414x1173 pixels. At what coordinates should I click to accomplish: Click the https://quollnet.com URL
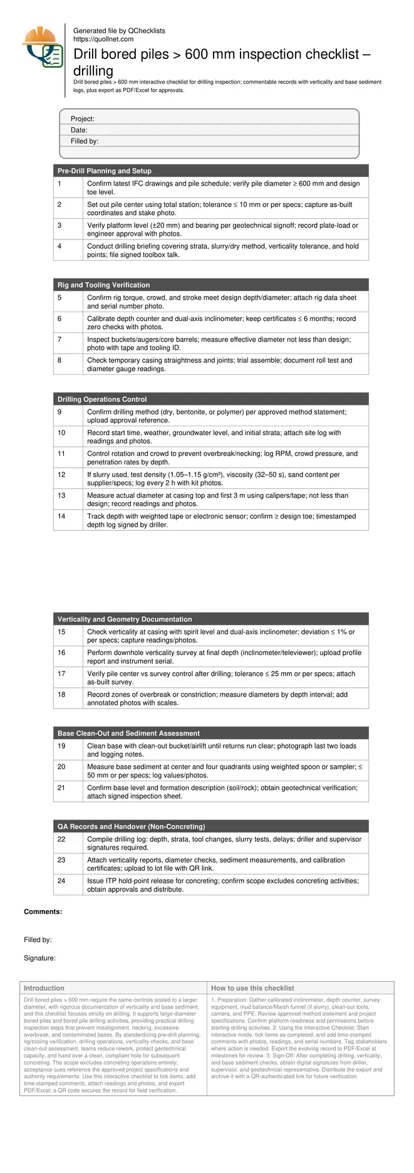click(x=103, y=39)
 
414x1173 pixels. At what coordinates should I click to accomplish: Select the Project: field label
click(x=83, y=119)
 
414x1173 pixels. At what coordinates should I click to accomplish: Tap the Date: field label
click(x=79, y=130)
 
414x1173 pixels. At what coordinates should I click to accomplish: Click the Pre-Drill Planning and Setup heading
click(x=105, y=171)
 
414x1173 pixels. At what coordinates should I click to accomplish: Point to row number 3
click(x=60, y=226)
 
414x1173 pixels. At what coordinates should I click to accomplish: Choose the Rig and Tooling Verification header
click(x=103, y=285)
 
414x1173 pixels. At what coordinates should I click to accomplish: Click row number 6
click(x=60, y=319)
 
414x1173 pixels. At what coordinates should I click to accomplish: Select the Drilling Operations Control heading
click(x=102, y=399)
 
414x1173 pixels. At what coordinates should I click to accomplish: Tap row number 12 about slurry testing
click(x=61, y=475)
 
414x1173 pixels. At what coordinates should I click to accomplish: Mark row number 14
click(x=61, y=517)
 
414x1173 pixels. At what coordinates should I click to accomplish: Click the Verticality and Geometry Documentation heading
click(x=125, y=619)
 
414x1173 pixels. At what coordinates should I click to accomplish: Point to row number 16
click(x=61, y=653)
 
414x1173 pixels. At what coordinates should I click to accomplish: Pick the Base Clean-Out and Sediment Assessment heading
click(x=128, y=734)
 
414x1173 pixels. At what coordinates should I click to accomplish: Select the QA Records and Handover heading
click(x=131, y=827)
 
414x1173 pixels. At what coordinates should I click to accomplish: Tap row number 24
click(x=61, y=881)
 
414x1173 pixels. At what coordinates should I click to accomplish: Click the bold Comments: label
click(x=43, y=912)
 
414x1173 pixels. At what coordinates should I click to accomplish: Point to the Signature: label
click(x=39, y=959)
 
